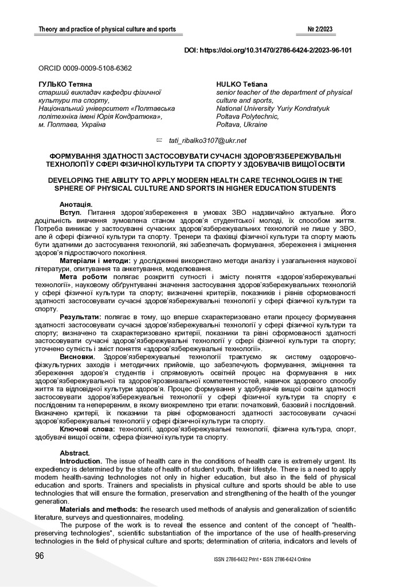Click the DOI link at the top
pos(268,50)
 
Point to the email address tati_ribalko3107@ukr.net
pos(207,140)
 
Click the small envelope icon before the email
pos(160,140)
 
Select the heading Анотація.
pos(76,205)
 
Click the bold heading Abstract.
pos(75,453)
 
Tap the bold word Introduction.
pos(81,461)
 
